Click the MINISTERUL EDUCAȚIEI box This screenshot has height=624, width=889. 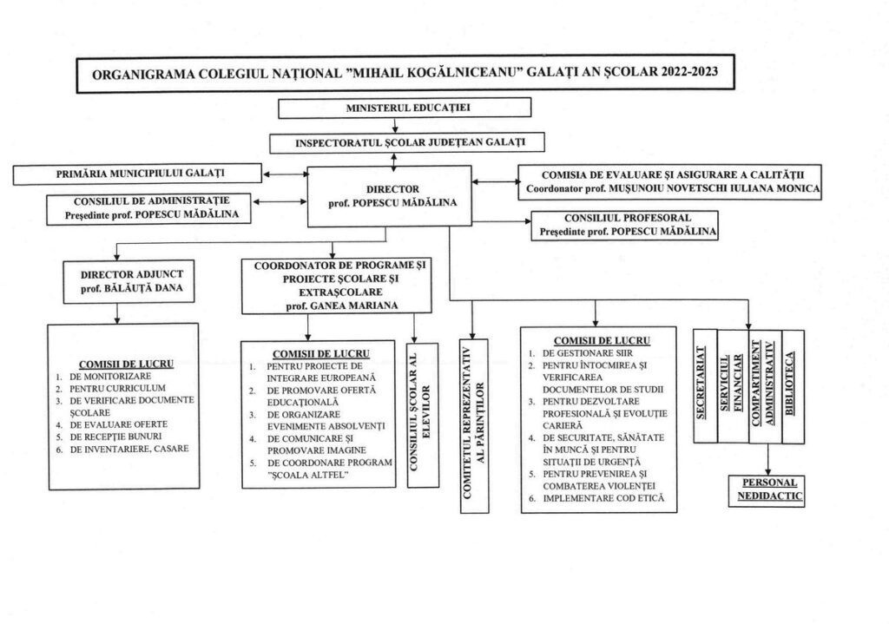coord(405,108)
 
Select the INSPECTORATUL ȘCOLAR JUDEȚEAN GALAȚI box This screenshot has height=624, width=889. coord(407,143)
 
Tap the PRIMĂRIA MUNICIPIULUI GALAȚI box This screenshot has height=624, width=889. coord(137,174)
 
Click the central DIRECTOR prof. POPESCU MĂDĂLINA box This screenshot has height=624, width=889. coord(390,196)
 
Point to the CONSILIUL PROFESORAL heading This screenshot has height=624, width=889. coord(628,218)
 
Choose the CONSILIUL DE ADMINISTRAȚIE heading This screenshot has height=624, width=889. coord(151,201)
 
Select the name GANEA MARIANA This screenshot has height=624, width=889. coord(354,306)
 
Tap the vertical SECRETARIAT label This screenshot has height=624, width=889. coord(701,383)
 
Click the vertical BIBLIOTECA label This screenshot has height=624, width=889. coord(790,383)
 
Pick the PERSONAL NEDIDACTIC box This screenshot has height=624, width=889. coord(767,489)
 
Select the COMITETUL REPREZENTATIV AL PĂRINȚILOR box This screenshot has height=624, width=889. coord(474,425)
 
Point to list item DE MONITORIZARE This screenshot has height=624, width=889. coord(110,377)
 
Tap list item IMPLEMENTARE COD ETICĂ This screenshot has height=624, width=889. coord(603,499)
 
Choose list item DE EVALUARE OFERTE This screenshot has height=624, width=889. coord(118,424)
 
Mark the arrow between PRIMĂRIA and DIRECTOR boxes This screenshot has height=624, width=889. coord(285,174)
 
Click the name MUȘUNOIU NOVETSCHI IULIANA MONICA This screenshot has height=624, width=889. coord(714,188)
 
